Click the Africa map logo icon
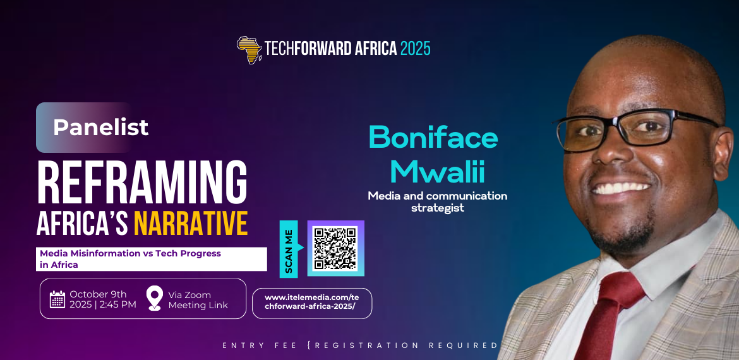[249, 49]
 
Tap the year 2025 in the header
[415, 49]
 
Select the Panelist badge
[83, 127]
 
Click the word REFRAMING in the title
[142, 183]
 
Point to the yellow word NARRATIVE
[190, 224]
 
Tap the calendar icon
[57, 299]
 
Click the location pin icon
[155, 298]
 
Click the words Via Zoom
[189, 295]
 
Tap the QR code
[335, 248]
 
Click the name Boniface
[433, 138]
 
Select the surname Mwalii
[438, 172]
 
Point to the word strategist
[438, 208]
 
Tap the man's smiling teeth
[621, 188]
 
